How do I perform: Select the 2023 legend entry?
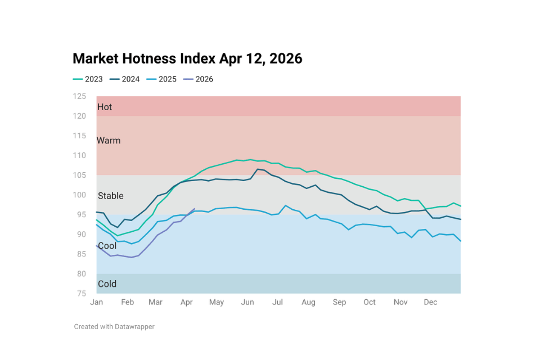click(88, 79)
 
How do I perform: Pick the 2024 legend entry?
click(125, 79)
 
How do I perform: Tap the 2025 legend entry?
click(162, 79)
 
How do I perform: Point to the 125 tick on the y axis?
click(79, 96)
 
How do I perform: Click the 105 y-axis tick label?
click(79, 175)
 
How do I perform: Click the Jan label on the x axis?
click(96, 303)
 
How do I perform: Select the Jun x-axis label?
click(247, 303)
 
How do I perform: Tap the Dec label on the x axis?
click(430, 303)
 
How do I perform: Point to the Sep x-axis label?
click(339, 303)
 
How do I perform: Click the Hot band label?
click(105, 107)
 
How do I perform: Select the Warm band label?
click(109, 141)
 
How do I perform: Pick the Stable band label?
click(110, 196)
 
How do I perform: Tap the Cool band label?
click(107, 246)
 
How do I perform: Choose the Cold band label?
click(107, 284)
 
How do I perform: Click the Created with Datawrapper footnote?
click(114, 326)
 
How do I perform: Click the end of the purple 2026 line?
click(195, 209)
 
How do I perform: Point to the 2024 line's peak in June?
click(257, 169)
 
